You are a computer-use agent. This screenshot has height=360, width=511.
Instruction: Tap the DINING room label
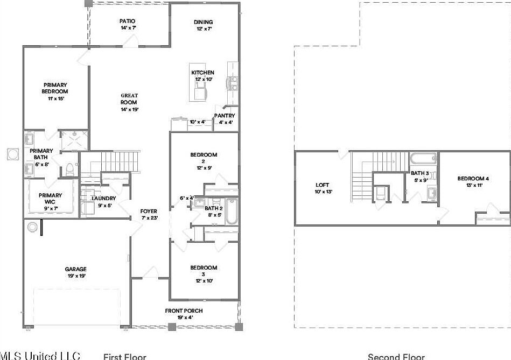[203, 22]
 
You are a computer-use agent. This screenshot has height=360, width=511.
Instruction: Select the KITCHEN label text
[203, 73]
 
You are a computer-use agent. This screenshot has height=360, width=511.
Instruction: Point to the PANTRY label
[224, 116]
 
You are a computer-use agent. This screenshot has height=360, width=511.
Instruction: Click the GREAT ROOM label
[129, 99]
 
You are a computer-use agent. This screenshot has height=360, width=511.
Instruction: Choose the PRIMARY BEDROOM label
[55, 88]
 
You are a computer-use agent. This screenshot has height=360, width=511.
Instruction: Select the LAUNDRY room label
[104, 199]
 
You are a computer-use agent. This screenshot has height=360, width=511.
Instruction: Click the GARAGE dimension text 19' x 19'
[76, 276]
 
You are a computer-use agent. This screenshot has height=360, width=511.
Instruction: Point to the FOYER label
[149, 211]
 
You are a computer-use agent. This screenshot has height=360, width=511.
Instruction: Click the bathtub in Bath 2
[231, 212]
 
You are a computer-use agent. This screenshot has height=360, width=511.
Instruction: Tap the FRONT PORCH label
[184, 310]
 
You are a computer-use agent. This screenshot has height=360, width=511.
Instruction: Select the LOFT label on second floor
[322, 186]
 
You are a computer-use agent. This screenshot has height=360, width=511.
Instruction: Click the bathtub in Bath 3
[423, 159]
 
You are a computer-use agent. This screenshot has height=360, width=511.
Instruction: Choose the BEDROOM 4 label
[473, 179]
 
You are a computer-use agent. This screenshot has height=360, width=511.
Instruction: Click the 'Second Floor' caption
[396, 356]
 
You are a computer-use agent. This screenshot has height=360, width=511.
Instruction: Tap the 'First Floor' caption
[124, 356]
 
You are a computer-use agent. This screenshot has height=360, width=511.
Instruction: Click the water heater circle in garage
[32, 227]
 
